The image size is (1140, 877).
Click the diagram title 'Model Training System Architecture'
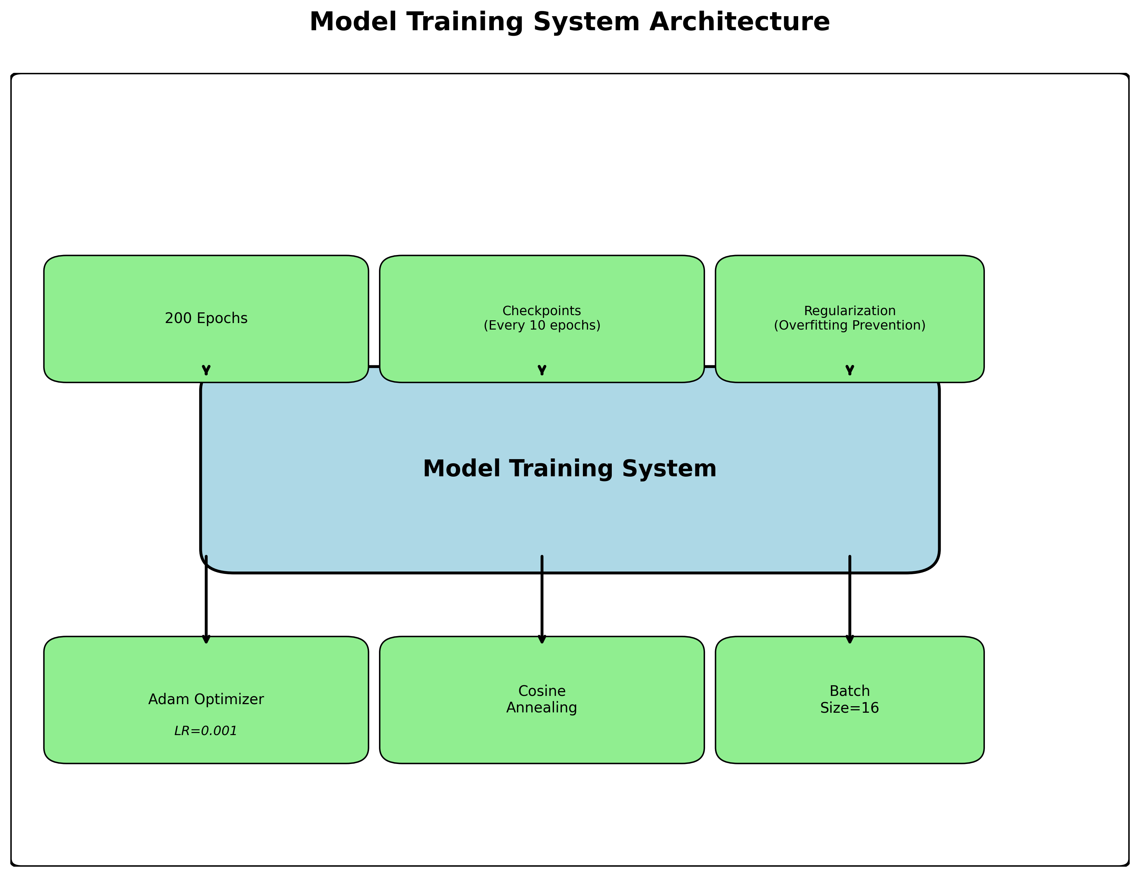click(x=569, y=22)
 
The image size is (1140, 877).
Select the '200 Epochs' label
click(x=206, y=318)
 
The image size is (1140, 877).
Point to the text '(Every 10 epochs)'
click(x=542, y=325)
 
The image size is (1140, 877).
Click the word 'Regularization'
click(x=849, y=311)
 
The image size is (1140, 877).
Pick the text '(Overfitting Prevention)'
click(x=849, y=325)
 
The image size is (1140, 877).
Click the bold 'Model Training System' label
click(x=569, y=468)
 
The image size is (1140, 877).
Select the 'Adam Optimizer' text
click(x=206, y=699)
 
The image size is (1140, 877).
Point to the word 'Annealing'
click(x=542, y=708)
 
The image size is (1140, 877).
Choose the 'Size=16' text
click(x=849, y=708)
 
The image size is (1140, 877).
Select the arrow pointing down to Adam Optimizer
click(x=206, y=600)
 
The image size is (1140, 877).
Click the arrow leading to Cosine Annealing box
click(x=542, y=600)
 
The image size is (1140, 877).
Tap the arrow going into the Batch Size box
click(x=849, y=600)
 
